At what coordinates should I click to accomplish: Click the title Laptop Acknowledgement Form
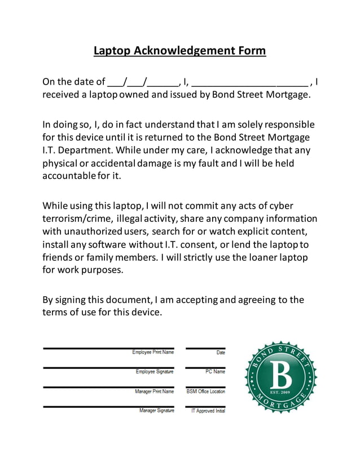179,51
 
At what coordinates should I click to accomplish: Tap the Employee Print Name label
153,353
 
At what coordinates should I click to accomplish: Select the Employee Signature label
155,372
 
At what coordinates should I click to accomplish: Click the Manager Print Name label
154,391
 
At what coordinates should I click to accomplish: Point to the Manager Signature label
156,410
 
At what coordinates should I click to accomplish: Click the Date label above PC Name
220,353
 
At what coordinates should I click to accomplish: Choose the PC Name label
215,372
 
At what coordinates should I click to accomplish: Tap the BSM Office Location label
205,391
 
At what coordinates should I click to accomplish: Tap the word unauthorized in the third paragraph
92,231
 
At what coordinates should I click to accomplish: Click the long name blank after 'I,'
249,82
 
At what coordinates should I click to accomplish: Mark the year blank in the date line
164,82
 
